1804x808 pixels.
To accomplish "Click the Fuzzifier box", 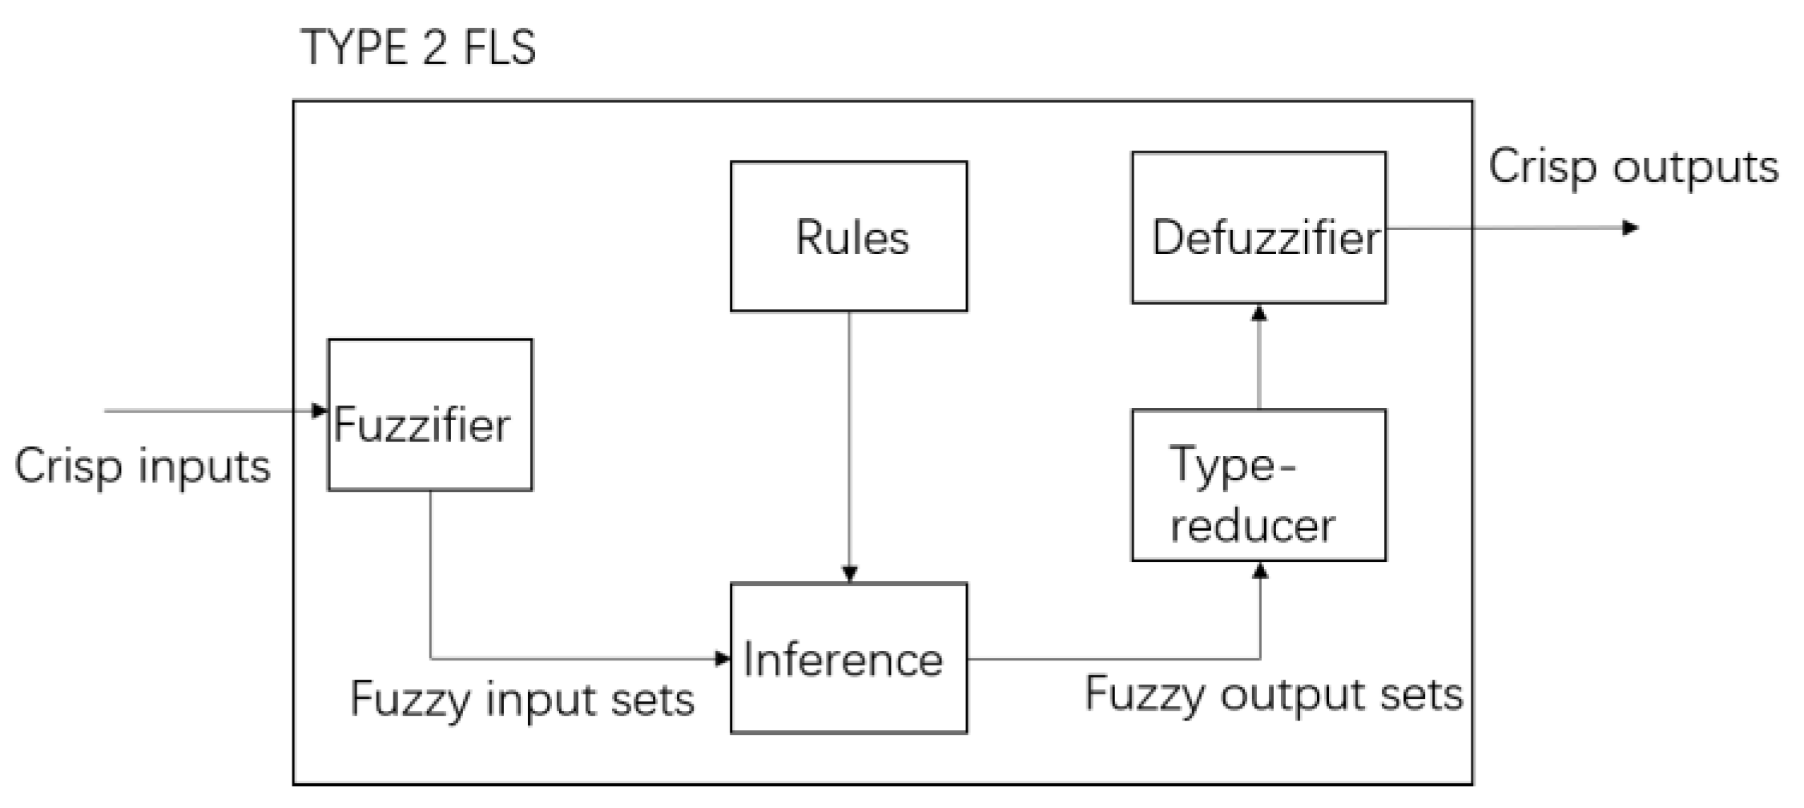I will [429, 414].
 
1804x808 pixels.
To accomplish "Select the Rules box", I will [848, 236].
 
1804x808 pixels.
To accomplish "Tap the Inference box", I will [848, 657].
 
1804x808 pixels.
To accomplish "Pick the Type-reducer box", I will [1258, 485].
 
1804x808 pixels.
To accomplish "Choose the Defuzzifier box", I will [1258, 228].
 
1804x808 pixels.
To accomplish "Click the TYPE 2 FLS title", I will [417, 48].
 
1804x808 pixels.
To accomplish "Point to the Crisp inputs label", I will [143, 467].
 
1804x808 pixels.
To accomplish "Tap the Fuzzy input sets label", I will [522, 700].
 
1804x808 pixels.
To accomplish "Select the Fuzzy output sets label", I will [1274, 694].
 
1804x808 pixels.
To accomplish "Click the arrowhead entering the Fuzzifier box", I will [320, 411].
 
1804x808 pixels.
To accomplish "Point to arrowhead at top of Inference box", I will [850, 574].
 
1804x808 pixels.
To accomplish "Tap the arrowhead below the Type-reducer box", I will [1260, 570].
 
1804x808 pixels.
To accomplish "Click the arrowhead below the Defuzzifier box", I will [1259, 313].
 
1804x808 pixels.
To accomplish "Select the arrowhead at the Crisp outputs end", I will [1630, 228].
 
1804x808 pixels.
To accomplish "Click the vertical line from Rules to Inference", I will [849, 441].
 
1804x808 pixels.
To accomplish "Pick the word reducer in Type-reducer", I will [1252, 527].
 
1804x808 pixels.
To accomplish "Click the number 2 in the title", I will [433, 48].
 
